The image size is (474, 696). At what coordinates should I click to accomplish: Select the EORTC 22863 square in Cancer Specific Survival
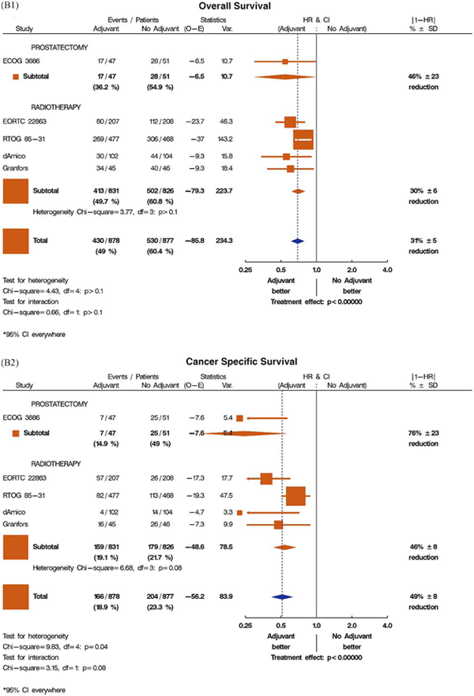click(266, 478)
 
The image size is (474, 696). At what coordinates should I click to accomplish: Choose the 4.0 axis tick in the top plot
click(387, 269)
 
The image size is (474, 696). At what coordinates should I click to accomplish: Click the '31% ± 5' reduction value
click(426, 241)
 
